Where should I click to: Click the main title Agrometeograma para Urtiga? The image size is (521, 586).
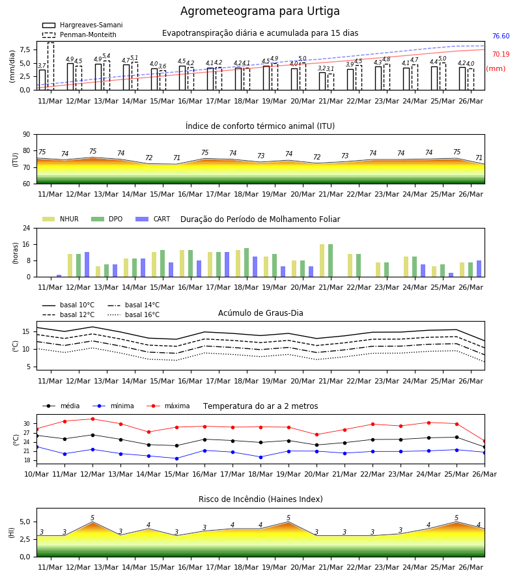pyautogui.click(x=260, y=11)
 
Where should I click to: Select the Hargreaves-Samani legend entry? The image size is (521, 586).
pyautogui.click(x=82, y=25)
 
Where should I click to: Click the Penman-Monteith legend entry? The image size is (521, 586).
pyautogui.click(x=79, y=35)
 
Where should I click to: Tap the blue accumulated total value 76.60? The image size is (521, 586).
pyautogui.click(x=501, y=36)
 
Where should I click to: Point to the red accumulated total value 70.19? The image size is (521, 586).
pyautogui.click(x=501, y=54)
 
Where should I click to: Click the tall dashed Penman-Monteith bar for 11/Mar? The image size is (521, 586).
pyautogui.click(x=51, y=66)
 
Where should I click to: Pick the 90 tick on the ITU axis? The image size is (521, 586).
pyautogui.click(x=27, y=135)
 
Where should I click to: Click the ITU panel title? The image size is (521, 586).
pyautogui.click(x=260, y=126)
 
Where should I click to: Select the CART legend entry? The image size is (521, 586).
pyautogui.click(x=153, y=219)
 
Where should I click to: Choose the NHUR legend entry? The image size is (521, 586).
pyautogui.click(x=61, y=219)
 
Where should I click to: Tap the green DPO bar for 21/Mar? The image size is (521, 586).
pyautogui.click(x=330, y=260)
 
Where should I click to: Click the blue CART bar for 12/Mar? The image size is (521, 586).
pyautogui.click(x=87, y=264)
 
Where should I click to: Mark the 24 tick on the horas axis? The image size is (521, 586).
pyautogui.click(x=27, y=228)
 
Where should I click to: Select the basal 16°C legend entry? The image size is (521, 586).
pyautogui.click(x=134, y=314)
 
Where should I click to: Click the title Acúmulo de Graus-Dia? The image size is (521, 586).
pyautogui.click(x=260, y=313)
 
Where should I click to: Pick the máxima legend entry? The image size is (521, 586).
pyautogui.click(x=168, y=406)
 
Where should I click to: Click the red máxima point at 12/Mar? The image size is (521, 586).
pyautogui.click(x=92, y=419)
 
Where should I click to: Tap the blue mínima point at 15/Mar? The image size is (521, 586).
pyautogui.click(x=176, y=458)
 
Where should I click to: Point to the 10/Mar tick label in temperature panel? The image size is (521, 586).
pyautogui.click(x=36, y=474)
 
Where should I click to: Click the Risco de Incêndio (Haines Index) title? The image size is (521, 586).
pyautogui.click(x=260, y=499)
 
